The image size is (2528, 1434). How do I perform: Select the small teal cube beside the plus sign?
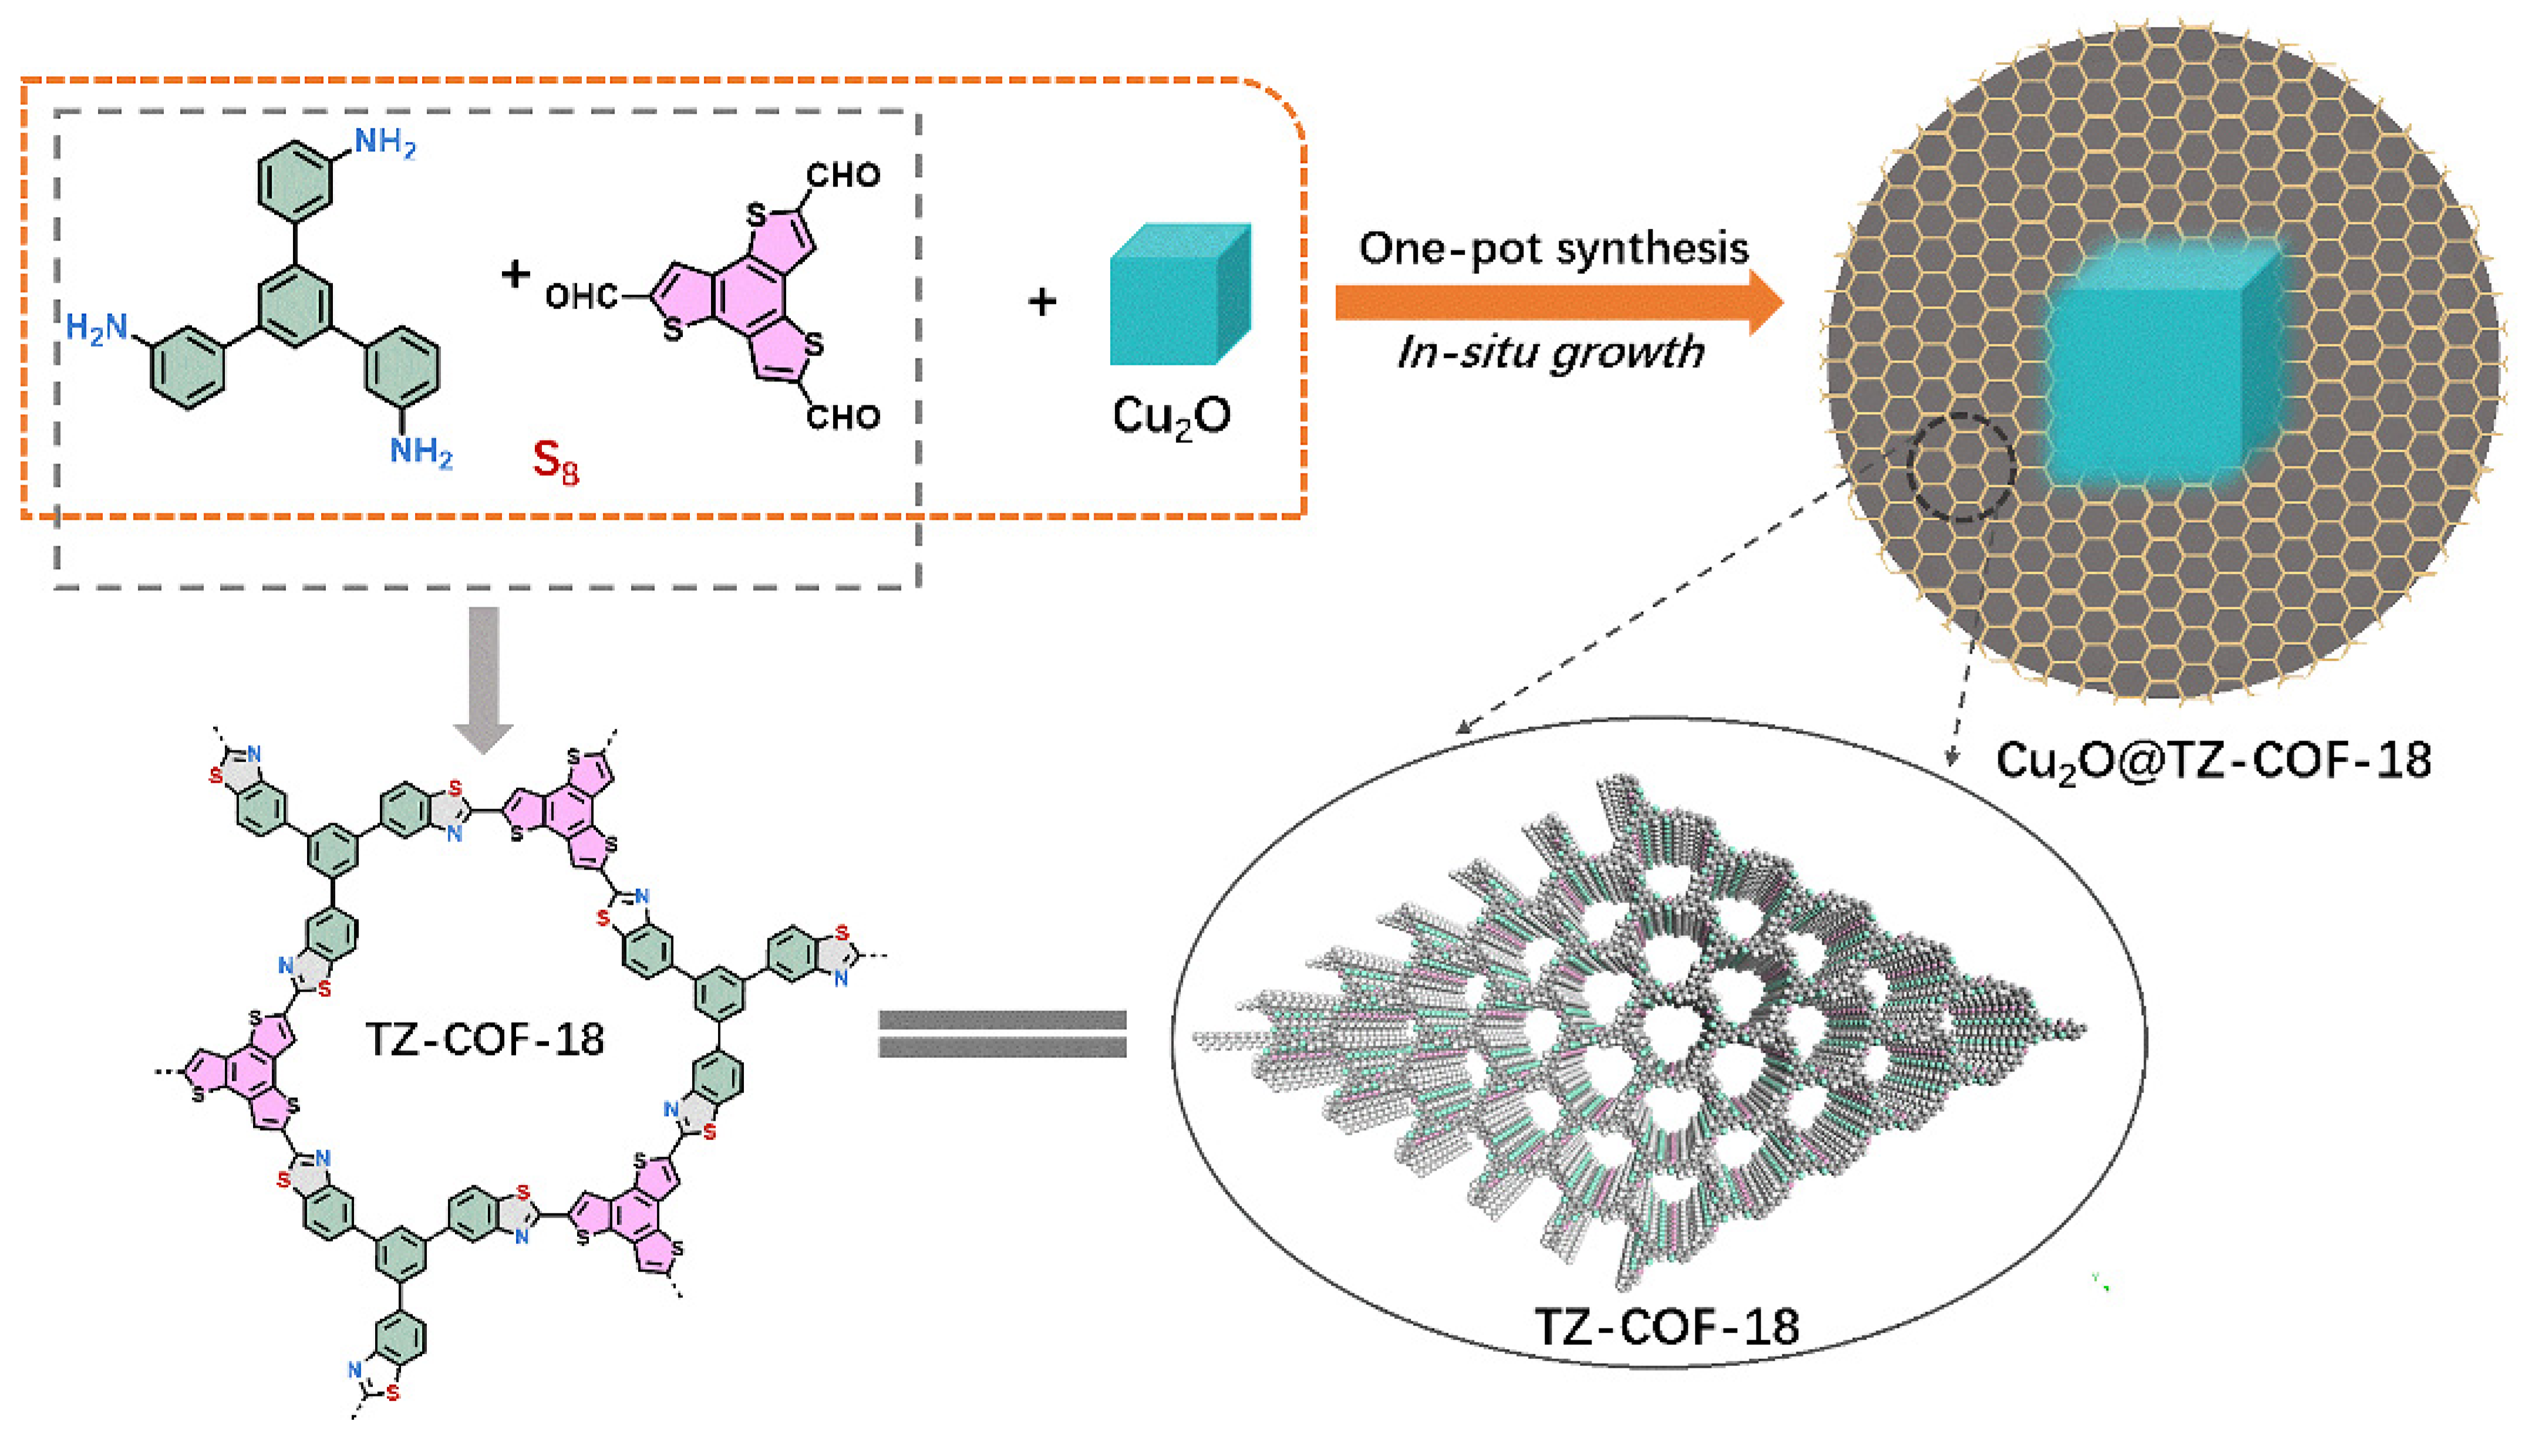tap(1178, 296)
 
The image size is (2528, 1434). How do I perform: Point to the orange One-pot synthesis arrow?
tap(1556, 302)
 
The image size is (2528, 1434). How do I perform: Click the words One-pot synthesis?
tap(1553, 248)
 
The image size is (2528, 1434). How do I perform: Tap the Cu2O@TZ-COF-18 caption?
tap(2213, 760)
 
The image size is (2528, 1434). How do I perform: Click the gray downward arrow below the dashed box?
tap(483, 679)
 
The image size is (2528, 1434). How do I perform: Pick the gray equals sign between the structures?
tap(1002, 1034)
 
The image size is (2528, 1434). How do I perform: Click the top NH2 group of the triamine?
tap(384, 144)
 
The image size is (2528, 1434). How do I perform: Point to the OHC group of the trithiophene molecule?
tap(581, 296)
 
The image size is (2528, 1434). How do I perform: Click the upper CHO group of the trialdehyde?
tap(842, 175)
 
